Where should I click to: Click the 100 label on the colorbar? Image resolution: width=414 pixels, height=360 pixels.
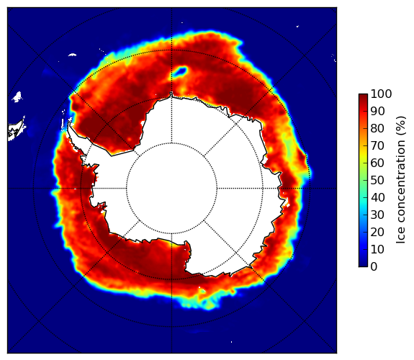(381, 94)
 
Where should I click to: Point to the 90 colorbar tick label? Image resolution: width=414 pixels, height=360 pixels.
(377, 111)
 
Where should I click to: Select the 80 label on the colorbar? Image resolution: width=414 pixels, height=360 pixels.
(377, 128)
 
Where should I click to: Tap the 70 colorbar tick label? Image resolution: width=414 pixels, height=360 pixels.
(377, 145)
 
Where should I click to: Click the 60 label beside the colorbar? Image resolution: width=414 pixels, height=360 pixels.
(377, 163)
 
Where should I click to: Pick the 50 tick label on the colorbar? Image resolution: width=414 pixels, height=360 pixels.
(377, 180)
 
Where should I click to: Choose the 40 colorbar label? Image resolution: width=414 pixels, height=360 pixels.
(377, 197)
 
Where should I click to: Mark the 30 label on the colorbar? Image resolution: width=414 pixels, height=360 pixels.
(377, 215)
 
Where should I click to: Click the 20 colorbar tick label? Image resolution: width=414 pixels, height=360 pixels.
(377, 232)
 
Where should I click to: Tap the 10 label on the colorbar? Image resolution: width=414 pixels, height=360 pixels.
(377, 249)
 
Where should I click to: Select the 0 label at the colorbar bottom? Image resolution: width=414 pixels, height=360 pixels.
(374, 266)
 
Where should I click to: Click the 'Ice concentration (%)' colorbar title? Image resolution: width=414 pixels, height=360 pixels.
(400, 180)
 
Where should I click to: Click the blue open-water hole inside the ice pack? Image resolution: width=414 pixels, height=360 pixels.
(179, 71)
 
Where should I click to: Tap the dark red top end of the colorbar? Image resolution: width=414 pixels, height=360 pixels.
(363, 96)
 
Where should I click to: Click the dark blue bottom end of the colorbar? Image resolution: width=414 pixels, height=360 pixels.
(363, 264)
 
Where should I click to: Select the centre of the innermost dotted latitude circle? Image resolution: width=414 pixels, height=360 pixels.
(171, 189)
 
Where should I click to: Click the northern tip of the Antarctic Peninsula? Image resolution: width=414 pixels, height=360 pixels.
(69, 122)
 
